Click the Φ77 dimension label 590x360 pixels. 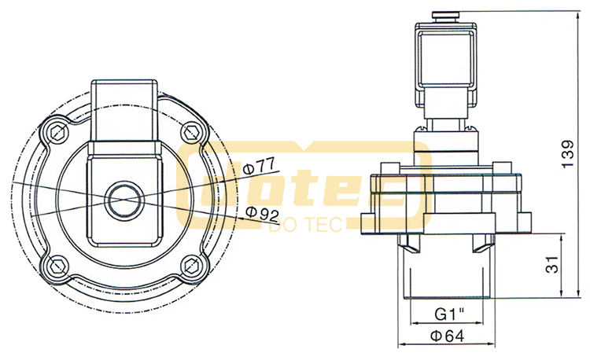260,167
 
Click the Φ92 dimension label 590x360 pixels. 262,214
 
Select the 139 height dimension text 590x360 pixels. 568,154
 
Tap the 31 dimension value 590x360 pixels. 553,265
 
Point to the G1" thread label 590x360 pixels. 449,314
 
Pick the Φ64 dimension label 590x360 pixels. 448,336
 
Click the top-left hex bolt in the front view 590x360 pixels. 57,132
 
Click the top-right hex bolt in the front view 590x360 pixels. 192,132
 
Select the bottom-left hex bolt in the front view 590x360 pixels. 57,266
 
